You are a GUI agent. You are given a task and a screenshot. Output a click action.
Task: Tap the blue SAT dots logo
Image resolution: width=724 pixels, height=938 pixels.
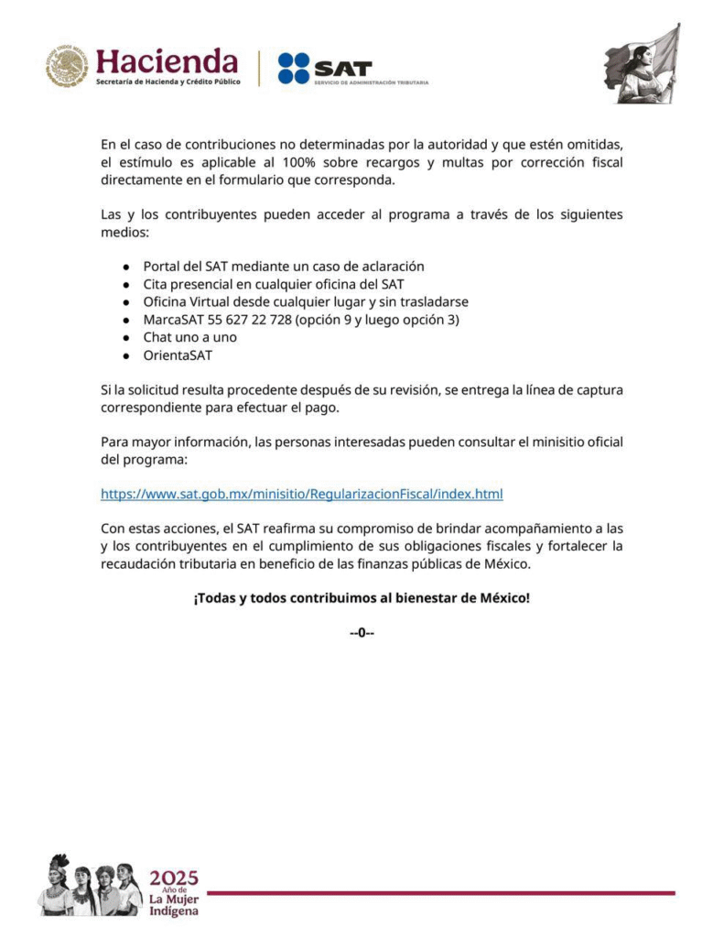click(x=294, y=69)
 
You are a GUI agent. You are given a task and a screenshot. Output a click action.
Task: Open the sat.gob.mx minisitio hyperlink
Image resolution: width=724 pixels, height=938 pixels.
click(x=301, y=494)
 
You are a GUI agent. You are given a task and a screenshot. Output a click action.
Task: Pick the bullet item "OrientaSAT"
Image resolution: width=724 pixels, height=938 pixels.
click(x=178, y=354)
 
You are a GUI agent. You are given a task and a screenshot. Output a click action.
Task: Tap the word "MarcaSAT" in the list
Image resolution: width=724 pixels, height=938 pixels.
click(x=173, y=320)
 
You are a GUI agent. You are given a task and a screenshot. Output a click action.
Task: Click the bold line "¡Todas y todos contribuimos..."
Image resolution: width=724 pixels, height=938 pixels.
click(x=362, y=598)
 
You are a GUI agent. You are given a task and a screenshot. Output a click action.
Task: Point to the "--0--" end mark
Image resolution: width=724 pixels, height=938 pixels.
click(x=362, y=633)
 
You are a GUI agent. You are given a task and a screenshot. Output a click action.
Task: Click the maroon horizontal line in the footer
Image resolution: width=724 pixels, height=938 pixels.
click(x=440, y=892)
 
